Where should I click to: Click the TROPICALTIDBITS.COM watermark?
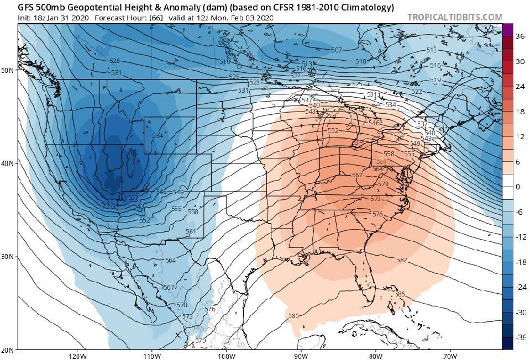pyautogui.click(x=454, y=17)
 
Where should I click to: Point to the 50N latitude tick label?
pyautogui.click(x=8, y=70)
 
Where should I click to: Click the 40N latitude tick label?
pyautogui.click(x=8, y=163)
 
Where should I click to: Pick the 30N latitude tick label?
pyautogui.click(x=8, y=257)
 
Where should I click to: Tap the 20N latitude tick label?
pyautogui.click(x=8, y=350)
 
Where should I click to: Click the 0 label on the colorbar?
pyautogui.click(x=518, y=187)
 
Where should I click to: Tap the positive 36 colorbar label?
pyautogui.click(x=519, y=36)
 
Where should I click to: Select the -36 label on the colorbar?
pyautogui.click(x=519, y=337)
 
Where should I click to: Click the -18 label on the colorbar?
pyautogui.click(x=519, y=262)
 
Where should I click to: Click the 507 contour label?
pyautogui.click(x=336, y=50)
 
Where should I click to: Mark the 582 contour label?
pyautogui.click(x=401, y=260)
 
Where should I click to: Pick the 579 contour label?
pyautogui.click(x=200, y=341)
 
